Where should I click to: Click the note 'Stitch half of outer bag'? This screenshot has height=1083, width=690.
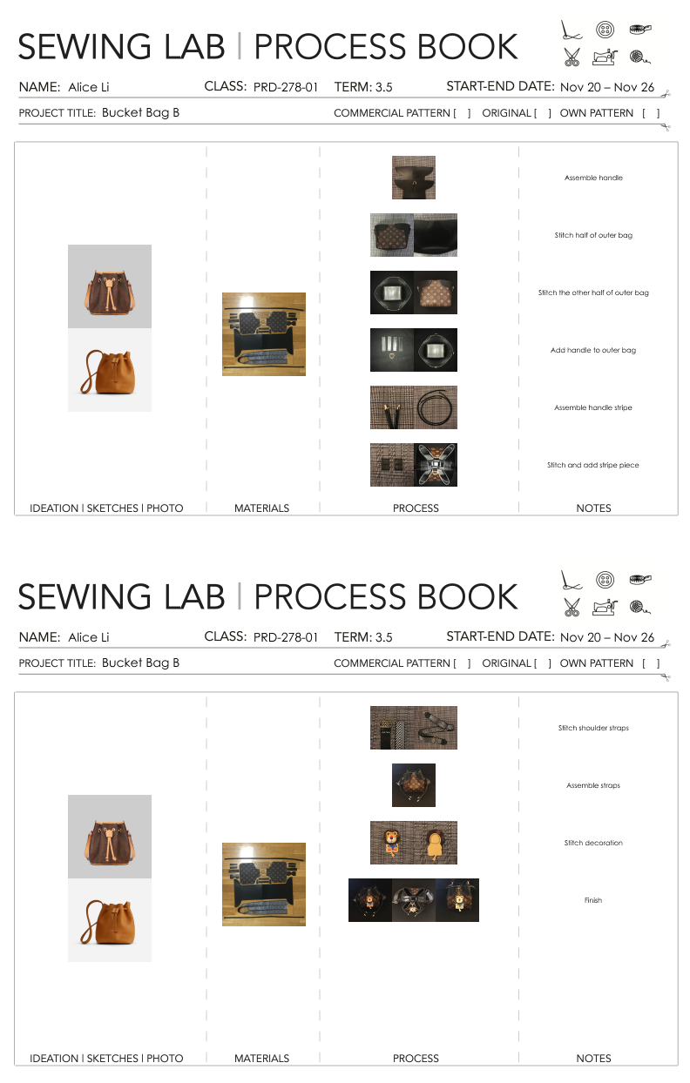point(593,235)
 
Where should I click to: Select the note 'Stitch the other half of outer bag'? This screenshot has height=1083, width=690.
point(593,293)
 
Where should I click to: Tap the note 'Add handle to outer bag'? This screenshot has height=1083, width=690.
point(593,350)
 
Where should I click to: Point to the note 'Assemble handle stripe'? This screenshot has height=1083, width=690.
point(593,407)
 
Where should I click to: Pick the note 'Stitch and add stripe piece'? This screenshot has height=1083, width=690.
point(593,465)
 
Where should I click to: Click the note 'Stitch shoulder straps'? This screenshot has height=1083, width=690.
point(593,728)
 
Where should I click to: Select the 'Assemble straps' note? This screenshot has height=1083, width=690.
point(593,785)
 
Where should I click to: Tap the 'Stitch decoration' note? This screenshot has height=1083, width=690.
point(593,843)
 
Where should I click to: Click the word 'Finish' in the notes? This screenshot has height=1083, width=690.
point(593,900)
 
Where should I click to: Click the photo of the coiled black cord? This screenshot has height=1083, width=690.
point(436,407)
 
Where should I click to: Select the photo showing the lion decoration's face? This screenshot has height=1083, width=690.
point(392,843)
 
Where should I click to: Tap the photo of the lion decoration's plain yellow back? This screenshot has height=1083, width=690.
point(436,843)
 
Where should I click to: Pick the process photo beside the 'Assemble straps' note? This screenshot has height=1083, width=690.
point(414,785)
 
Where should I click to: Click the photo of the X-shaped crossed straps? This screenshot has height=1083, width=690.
point(436,465)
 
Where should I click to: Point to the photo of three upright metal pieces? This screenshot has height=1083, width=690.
point(392,350)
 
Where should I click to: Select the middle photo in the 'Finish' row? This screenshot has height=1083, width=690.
point(414,900)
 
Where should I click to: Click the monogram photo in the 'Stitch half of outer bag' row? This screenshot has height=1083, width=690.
point(392,235)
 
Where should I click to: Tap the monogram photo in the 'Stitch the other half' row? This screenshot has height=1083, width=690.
point(436,293)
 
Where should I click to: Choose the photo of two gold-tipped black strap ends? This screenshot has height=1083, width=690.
point(392,407)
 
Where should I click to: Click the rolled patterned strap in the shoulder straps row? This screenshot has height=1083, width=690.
point(436,728)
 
